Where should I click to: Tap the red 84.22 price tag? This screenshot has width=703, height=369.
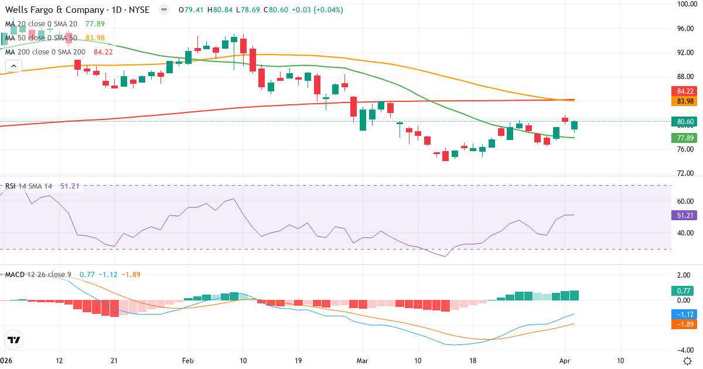pos(685,91)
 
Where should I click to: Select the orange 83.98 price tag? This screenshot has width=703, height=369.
pos(685,101)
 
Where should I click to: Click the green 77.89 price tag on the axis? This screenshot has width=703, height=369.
pos(685,138)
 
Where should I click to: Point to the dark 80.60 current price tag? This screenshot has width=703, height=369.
pos(685,122)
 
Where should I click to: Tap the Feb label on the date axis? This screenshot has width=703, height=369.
pos(188,361)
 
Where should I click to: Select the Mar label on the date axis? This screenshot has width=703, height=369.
pos(361,361)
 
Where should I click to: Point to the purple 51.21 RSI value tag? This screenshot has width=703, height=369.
pos(685,215)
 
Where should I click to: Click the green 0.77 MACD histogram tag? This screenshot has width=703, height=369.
pos(685,291)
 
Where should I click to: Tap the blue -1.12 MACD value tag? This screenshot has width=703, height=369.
pos(685,314)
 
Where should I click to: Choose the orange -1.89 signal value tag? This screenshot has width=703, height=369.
pos(685,324)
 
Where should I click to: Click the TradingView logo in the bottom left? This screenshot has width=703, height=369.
pos(14,340)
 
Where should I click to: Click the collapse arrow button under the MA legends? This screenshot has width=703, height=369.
pos(13,66)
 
